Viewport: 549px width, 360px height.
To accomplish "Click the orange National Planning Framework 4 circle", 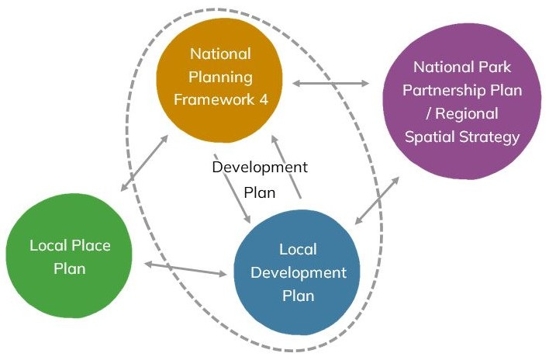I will pyautogui.click(x=222, y=78).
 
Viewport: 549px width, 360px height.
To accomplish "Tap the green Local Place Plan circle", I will pyautogui.click(x=70, y=257).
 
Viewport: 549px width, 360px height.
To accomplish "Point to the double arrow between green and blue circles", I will pyautogui.click(x=186, y=269).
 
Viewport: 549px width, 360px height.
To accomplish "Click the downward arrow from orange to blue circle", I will pyautogui.click(x=231, y=184).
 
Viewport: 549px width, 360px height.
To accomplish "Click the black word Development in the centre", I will pyautogui.click(x=260, y=167).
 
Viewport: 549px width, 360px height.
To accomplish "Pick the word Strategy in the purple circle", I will pyautogui.click(x=490, y=137).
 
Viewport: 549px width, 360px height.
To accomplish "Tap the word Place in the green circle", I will pyautogui.click(x=91, y=246).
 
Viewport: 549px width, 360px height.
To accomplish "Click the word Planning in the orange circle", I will pyautogui.click(x=222, y=77).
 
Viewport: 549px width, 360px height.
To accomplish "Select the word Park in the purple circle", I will pyautogui.click(x=495, y=67).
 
